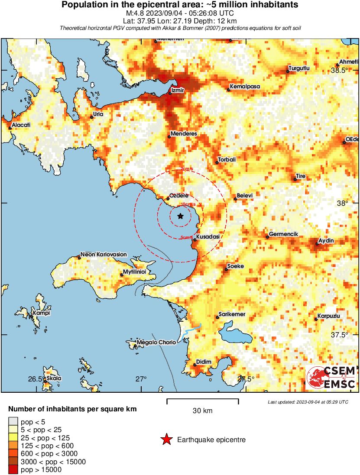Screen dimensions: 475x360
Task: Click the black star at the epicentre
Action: [180, 216]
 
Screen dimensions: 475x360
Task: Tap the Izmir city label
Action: [178, 90]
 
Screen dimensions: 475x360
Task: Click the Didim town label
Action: [204, 362]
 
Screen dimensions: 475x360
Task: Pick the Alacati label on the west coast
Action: [21, 125]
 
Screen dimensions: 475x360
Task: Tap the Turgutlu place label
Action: [299, 68]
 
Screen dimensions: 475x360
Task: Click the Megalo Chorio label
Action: [156, 342]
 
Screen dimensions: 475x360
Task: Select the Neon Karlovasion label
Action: [104, 254]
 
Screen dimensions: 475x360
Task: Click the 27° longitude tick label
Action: [141, 379]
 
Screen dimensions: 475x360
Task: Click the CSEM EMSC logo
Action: [331, 377]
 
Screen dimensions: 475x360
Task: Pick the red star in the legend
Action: [166, 440]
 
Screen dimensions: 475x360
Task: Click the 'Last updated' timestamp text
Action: [308, 402]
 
